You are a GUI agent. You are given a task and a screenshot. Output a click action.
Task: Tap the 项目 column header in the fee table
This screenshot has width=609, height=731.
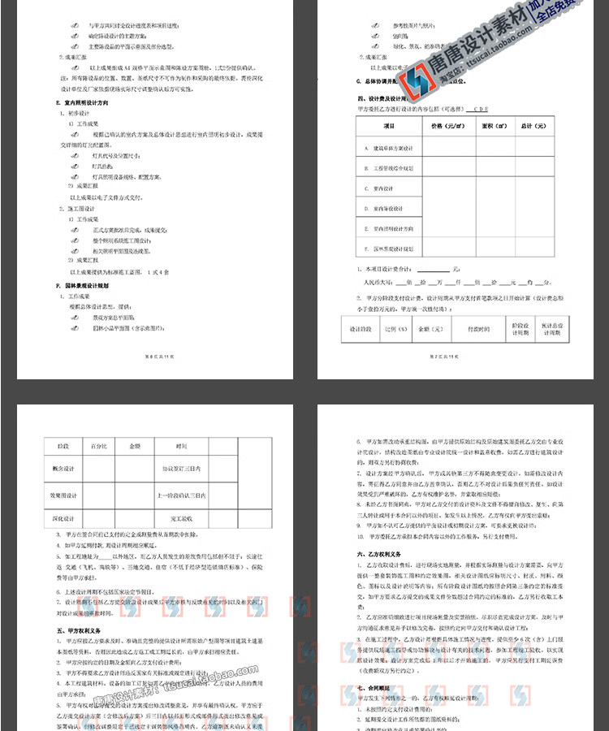click(x=388, y=126)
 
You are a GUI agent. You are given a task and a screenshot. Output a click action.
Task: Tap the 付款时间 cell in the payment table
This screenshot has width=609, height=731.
click(x=479, y=329)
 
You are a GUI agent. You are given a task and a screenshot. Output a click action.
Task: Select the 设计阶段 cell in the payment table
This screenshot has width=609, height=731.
click(x=360, y=329)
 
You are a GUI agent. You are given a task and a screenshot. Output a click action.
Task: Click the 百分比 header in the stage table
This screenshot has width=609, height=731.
click(x=99, y=446)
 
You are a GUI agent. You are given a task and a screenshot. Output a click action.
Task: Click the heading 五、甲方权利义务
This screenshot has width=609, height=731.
click(x=80, y=630)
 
